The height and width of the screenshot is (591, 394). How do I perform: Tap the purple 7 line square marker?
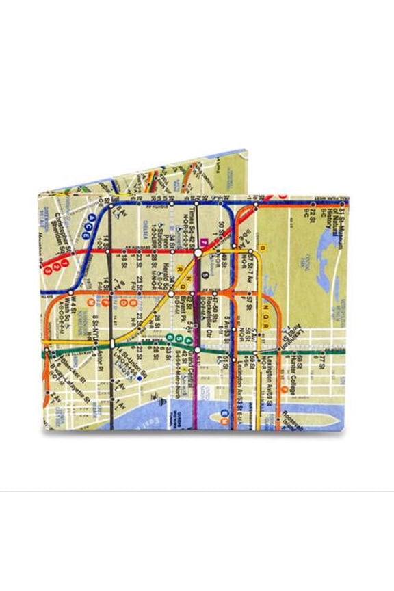tap(204, 242)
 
